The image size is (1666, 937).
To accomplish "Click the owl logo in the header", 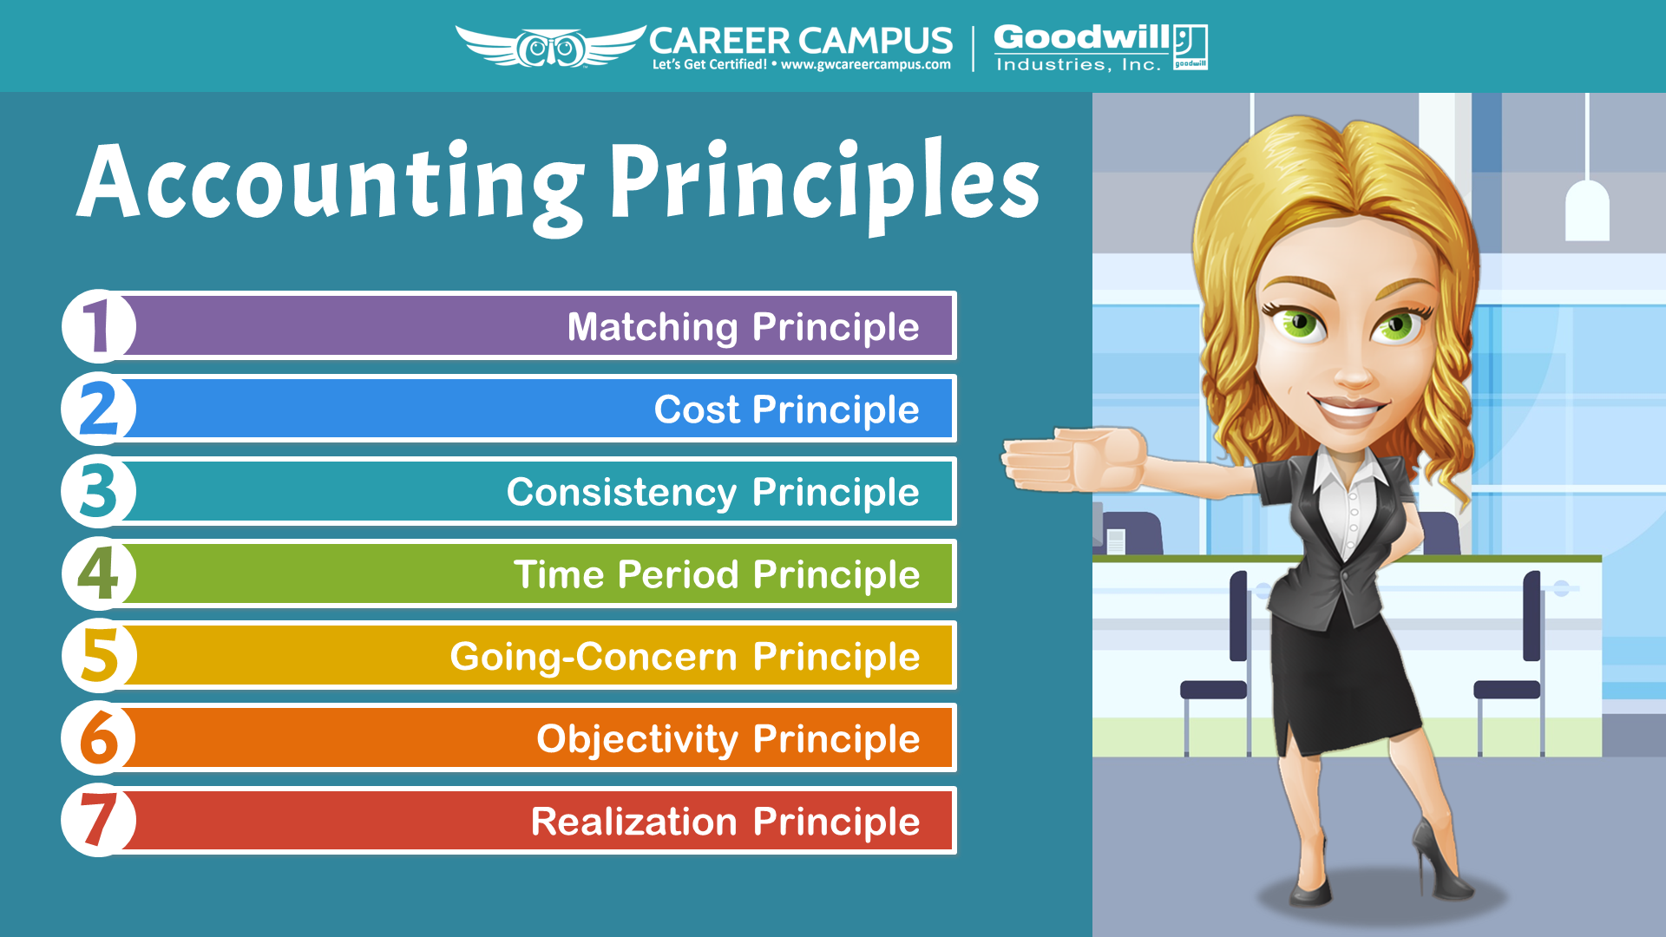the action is click(x=551, y=47).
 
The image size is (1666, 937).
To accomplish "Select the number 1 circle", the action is click(x=99, y=326).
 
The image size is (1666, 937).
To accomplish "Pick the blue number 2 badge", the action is click(x=99, y=409).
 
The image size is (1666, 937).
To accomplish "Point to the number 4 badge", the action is click(x=99, y=573).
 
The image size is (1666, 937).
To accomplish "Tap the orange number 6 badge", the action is click(x=99, y=738).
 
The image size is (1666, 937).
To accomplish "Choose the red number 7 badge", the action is click(x=99, y=821).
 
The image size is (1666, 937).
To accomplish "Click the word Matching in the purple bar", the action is click(x=653, y=329).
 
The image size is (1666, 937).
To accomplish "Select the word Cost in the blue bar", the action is click(x=697, y=410).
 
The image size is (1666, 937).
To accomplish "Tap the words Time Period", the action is click(x=626, y=574).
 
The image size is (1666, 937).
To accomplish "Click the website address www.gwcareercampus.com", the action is click(x=866, y=64).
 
